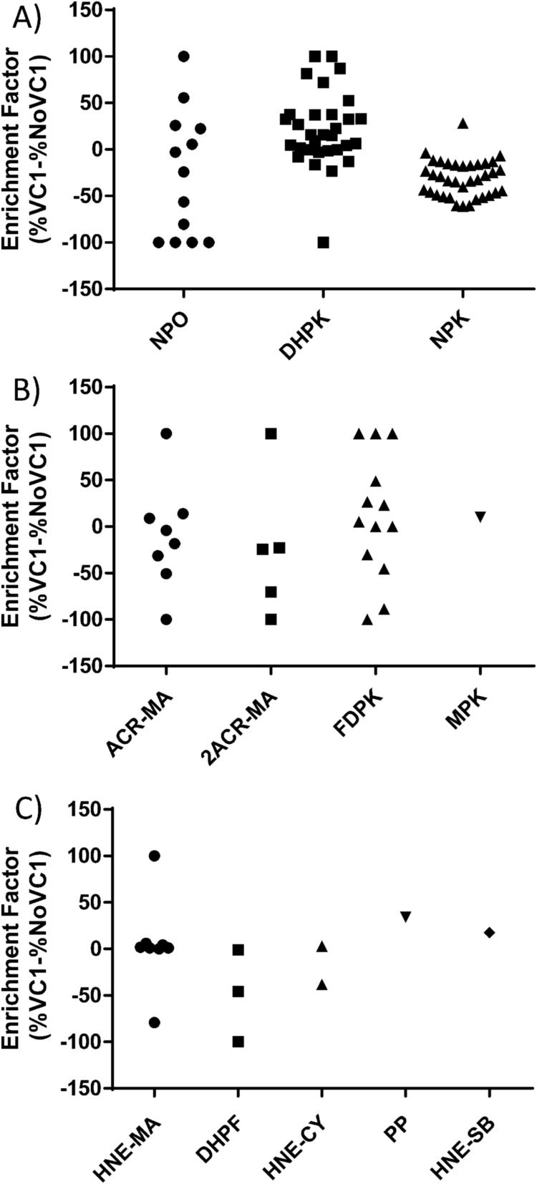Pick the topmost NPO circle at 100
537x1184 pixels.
point(183,56)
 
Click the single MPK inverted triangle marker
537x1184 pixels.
point(480,517)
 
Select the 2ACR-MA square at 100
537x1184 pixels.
point(271,434)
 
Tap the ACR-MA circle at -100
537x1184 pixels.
point(166,620)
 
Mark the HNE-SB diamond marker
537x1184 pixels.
point(490,932)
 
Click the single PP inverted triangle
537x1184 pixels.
point(406,916)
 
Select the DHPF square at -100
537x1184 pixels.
point(238,1042)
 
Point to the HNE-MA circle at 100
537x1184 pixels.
point(154,856)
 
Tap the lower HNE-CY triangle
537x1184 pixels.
point(322,985)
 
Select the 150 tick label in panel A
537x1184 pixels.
point(89,10)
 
